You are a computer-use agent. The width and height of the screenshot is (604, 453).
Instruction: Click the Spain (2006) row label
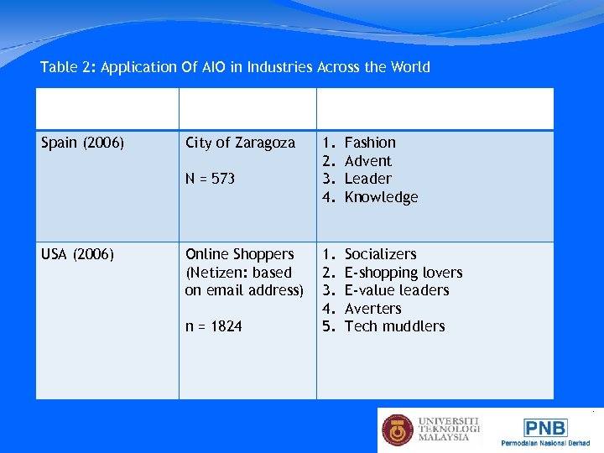[x=83, y=143]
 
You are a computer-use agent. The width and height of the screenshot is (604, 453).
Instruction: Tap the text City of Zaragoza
[x=240, y=143]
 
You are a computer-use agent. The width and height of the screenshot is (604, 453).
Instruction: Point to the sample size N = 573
[x=210, y=179]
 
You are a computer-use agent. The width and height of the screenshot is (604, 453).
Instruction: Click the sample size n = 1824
[x=213, y=326]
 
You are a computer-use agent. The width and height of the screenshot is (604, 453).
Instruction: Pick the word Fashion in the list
[x=370, y=143]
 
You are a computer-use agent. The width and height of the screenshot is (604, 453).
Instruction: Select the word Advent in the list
[x=368, y=161]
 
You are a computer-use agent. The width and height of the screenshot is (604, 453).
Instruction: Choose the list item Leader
[x=368, y=179]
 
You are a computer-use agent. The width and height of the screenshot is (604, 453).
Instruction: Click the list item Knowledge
[x=381, y=197]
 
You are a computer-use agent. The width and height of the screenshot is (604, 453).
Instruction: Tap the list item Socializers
[x=380, y=254]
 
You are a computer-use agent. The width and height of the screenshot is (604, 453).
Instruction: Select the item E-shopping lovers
[x=404, y=273]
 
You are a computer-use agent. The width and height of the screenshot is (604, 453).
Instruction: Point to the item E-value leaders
[x=397, y=290]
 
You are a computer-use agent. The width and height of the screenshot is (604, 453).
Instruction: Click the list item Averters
[x=372, y=309]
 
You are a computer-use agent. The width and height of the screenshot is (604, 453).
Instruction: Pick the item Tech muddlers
[x=394, y=326]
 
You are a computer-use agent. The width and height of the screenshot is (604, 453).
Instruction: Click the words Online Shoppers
[x=239, y=254]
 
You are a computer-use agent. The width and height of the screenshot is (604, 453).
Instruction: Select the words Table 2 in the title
[x=68, y=67]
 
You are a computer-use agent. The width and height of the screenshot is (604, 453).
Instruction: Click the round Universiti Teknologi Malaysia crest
[x=398, y=430]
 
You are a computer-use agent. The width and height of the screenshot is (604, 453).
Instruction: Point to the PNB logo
[x=545, y=428]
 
